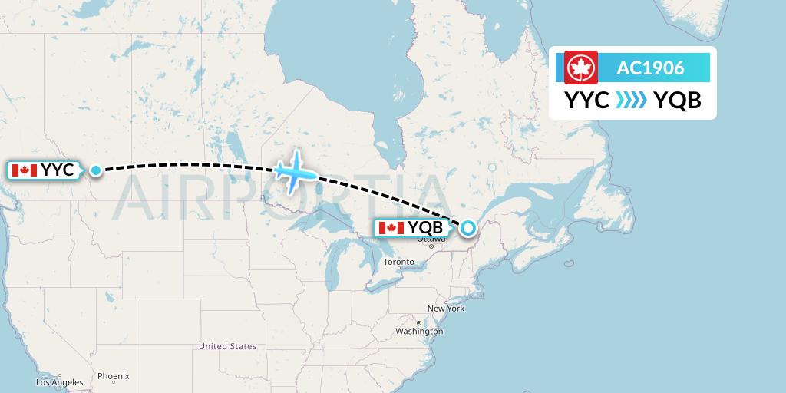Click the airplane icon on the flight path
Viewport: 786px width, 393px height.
(x=295, y=172)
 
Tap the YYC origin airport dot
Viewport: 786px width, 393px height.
(x=96, y=170)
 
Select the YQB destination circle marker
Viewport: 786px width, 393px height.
(x=467, y=227)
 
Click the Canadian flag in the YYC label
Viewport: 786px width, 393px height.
(x=25, y=170)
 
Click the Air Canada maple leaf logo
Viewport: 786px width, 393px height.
(x=581, y=68)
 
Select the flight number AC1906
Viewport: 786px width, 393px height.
(x=650, y=68)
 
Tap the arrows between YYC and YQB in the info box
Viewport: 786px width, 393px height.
(x=631, y=101)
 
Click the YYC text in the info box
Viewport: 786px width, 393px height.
(x=587, y=101)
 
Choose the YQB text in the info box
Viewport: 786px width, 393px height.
(x=677, y=101)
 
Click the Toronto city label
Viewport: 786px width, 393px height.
(x=399, y=263)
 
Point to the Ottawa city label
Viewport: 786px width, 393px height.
(x=431, y=239)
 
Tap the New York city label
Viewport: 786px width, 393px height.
(x=446, y=309)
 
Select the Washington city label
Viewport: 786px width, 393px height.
(x=420, y=332)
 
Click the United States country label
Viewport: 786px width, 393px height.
(x=227, y=347)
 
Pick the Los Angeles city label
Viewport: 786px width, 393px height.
(x=59, y=382)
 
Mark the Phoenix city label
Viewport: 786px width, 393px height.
(x=113, y=376)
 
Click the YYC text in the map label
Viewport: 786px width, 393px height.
(x=58, y=170)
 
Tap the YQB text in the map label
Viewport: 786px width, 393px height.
(x=425, y=228)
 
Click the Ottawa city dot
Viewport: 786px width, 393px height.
(x=431, y=246)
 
